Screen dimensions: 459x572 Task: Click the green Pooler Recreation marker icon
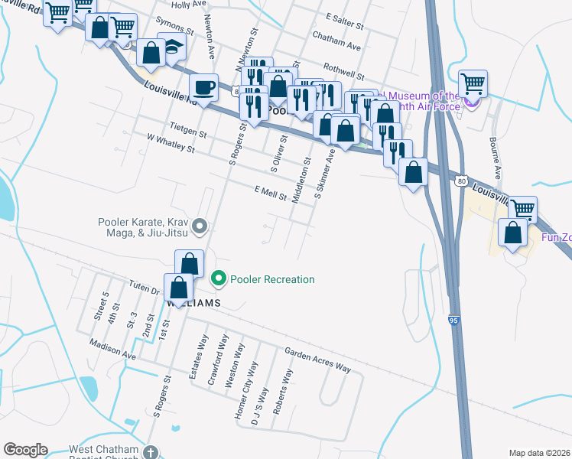(219, 279)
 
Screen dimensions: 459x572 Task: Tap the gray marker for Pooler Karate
(200, 225)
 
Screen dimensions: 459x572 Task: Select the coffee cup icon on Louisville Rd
(203, 87)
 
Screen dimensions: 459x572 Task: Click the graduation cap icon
(172, 47)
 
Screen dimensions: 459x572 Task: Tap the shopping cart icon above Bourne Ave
(473, 83)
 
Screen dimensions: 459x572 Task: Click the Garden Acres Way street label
(317, 360)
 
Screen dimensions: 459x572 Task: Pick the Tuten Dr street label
(144, 288)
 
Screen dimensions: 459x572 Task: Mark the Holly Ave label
(190, 4)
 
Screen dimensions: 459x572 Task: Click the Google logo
(25, 450)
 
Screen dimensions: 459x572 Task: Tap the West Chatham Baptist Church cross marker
(151, 453)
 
